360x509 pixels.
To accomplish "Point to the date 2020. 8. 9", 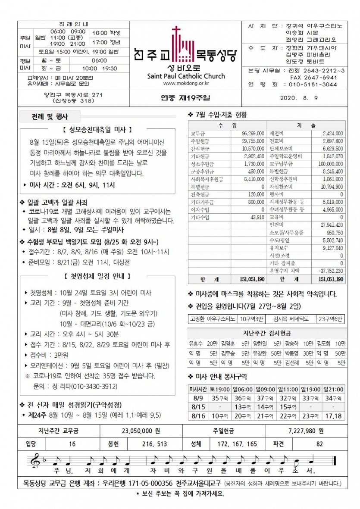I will (298, 97).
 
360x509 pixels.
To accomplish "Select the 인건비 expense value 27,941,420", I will (330, 225).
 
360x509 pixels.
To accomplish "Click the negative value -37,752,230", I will (330, 271).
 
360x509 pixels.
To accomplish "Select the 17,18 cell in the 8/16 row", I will (334, 416).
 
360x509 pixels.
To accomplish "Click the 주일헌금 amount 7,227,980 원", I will (306, 431).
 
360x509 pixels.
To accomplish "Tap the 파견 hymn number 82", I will (319, 443).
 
